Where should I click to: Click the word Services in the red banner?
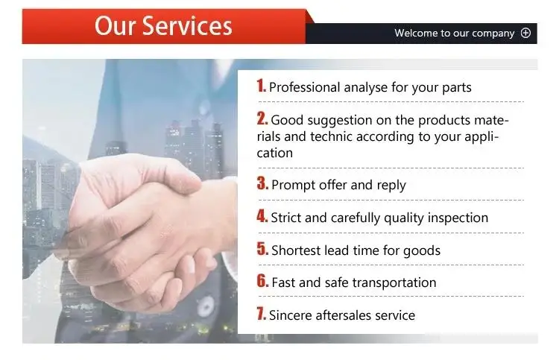click(x=187, y=25)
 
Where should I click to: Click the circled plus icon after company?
click(x=525, y=33)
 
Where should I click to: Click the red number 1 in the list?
click(x=261, y=86)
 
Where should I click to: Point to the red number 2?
click(x=262, y=119)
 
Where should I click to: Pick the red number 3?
click(x=262, y=183)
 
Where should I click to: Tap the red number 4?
click(x=262, y=215)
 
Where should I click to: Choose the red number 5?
click(x=262, y=248)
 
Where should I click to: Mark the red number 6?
click(x=262, y=280)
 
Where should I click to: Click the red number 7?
click(x=262, y=313)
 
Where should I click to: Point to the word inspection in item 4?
click(x=458, y=218)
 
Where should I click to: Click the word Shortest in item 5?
click(x=296, y=250)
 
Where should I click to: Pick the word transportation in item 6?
click(x=394, y=282)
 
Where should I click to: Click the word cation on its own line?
click(x=275, y=154)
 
